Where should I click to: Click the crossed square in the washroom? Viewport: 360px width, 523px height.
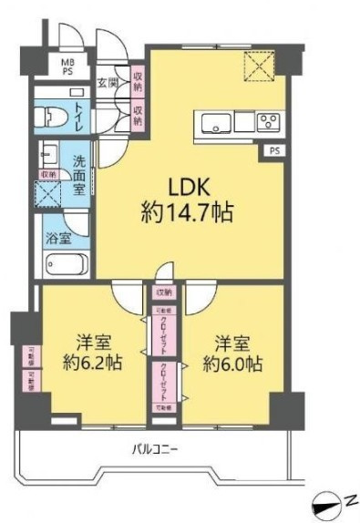click(46, 193)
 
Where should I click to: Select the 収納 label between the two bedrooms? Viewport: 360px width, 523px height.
click(163, 292)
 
